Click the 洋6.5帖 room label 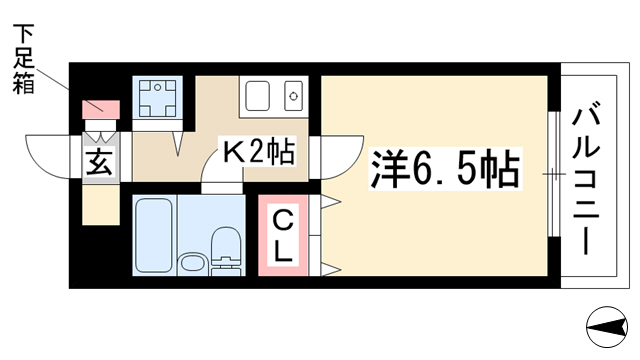(x=445, y=169)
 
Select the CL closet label (x=282, y=236)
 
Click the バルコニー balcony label (x=586, y=181)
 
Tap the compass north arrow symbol (x=607, y=327)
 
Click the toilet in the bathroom (x=227, y=251)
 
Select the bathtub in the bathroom (x=153, y=236)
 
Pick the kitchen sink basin (x=257, y=96)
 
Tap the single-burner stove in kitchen (x=293, y=96)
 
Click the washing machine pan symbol (x=158, y=98)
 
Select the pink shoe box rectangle (x=101, y=109)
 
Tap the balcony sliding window (x=553, y=174)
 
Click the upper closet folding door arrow (x=331, y=201)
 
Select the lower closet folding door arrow (x=331, y=269)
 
